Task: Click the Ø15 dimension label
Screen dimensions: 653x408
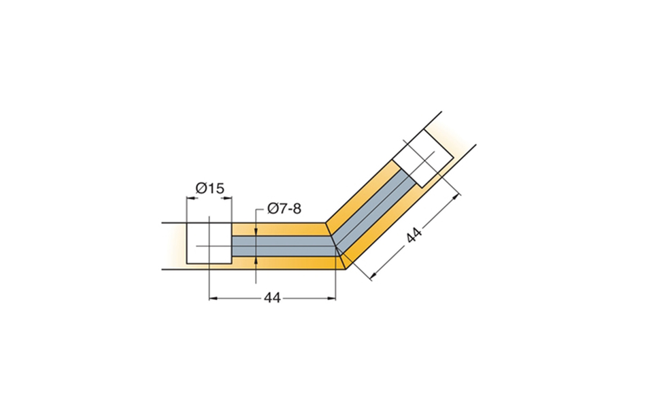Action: [x=210, y=188]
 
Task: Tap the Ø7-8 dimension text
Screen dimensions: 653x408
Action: [x=284, y=208]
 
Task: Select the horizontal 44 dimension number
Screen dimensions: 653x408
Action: [x=272, y=298]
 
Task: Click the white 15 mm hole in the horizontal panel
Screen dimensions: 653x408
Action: [x=209, y=243]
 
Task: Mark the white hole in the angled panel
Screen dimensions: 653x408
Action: [x=424, y=158]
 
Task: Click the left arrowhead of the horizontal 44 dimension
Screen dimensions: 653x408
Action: [x=213, y=298]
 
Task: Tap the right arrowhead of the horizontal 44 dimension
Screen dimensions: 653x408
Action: [x=331, y=298]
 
